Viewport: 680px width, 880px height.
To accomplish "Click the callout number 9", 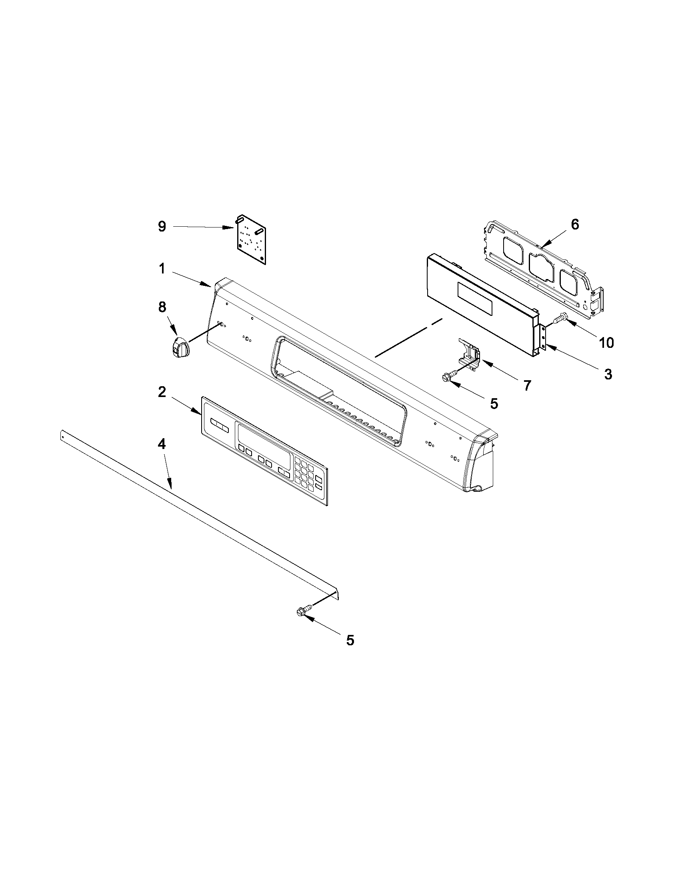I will coord(161,227).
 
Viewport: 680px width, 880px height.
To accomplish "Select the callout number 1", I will coord(162,269).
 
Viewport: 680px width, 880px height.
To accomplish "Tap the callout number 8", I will coord(162,307).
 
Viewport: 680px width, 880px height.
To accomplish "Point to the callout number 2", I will coord(162,392).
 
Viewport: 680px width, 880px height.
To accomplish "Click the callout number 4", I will coord(161,444).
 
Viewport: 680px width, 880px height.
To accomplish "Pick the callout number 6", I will coord(575,224).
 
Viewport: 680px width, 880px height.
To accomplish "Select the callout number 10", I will coord(606,343).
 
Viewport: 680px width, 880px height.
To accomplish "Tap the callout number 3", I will coord(608,374).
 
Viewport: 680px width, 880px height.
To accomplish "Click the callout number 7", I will coord(527,385).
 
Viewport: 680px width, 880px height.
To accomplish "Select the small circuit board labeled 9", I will coord(250,239).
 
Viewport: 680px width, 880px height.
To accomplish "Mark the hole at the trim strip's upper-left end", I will coord(62,435).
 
